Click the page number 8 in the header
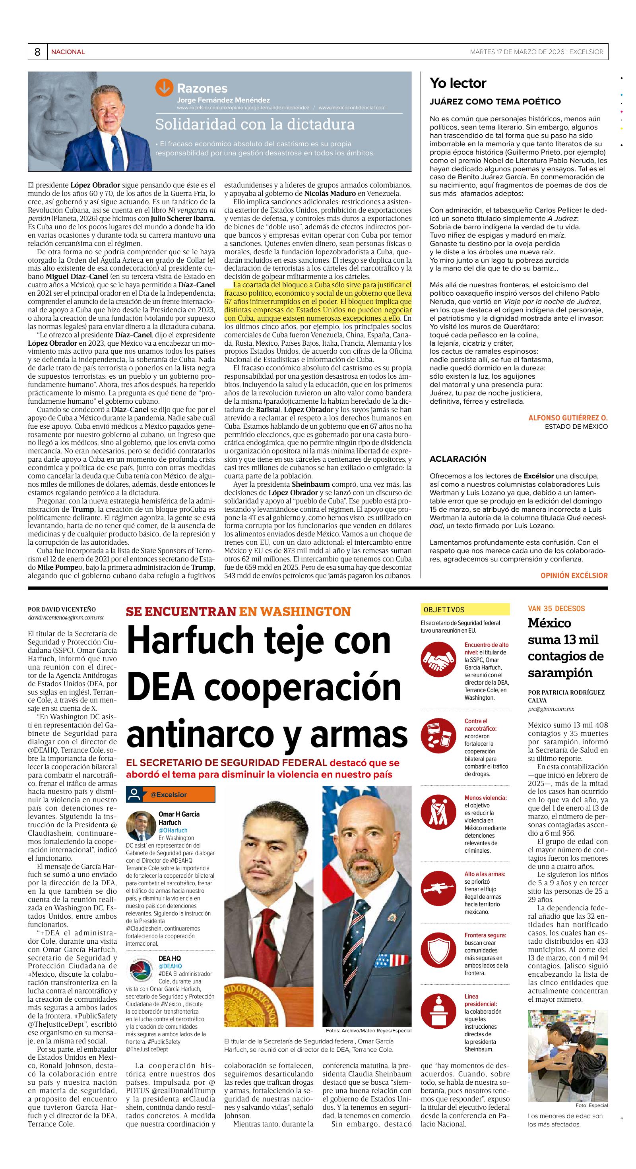click(x=37, y=52)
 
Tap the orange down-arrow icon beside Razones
click(x=164, y=87)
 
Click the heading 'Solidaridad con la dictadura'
click(x=255, y=124)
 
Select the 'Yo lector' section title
click(x=458, y=83)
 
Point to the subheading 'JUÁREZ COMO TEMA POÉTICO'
click(x=495, y=102)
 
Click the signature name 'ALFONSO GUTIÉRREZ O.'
click(x=568, y=418)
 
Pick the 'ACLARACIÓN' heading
click(x=458, y=459)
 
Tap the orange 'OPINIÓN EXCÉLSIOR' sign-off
click(x=573, y=575)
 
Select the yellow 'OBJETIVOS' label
click(x=465, y=610)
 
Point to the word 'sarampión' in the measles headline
click(x=560, y=673)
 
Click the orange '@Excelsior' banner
click(x=171, y=795)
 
